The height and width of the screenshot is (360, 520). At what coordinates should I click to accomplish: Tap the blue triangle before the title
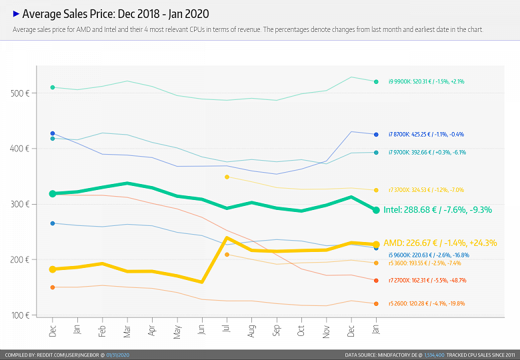click(x=17, y=13)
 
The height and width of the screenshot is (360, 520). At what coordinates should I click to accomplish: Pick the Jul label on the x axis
click(x=227, y=329)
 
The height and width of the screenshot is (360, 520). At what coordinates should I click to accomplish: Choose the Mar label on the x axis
click(x=127, y=329)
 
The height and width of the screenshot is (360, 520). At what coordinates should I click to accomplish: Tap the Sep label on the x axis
click(x=277, y=329)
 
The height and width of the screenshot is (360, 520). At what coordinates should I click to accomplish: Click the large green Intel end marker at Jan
click(x=376, y=210)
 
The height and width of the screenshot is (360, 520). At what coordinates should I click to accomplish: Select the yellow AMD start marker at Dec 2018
click(x=53, y=269)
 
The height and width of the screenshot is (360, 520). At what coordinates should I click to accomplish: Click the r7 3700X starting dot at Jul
click(x=227, y=177)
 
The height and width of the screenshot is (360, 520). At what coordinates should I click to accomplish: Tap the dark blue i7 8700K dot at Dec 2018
click(x=53, y=133)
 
